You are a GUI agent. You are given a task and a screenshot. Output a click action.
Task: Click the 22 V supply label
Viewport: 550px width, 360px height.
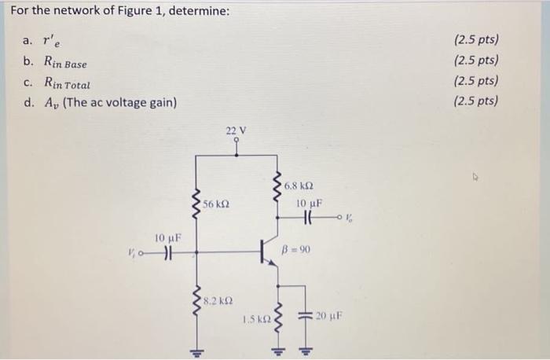236,130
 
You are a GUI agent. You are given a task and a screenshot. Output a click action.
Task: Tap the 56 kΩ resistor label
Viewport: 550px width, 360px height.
216,204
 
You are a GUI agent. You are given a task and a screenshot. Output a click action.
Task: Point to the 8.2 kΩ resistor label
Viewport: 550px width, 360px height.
216,300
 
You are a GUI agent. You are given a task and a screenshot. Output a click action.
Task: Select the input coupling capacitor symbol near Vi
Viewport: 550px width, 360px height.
167,252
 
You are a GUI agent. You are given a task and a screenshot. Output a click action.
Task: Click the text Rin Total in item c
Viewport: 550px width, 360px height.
67,83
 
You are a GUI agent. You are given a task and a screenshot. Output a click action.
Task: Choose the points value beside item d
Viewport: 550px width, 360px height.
476,101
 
